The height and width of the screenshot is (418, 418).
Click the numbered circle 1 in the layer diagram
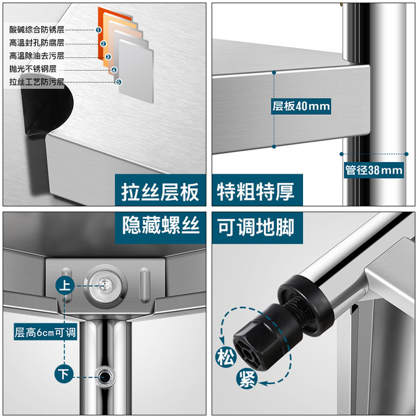(99, 30)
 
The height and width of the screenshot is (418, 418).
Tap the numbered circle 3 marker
(108, 57)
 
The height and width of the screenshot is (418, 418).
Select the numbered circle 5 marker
(119, 82)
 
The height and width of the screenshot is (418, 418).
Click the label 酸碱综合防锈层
(37, 29)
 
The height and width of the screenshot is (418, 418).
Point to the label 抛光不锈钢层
(33, 69)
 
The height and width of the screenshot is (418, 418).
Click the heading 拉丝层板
(160, 191)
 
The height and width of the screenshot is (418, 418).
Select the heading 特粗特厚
(255, 191)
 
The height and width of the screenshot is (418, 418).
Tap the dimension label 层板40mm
(301, 106)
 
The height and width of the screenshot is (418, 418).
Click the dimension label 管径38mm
(374, 170)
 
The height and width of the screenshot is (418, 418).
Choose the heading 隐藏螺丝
(161, 225)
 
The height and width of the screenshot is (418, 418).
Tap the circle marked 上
(65, 285)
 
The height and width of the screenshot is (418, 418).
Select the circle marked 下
(64, 374)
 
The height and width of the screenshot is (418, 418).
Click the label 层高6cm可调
(45, 332)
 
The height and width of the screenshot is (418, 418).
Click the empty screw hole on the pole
(106, 377)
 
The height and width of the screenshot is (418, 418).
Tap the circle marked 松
(225, 357)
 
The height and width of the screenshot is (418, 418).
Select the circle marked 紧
(247, 379)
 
